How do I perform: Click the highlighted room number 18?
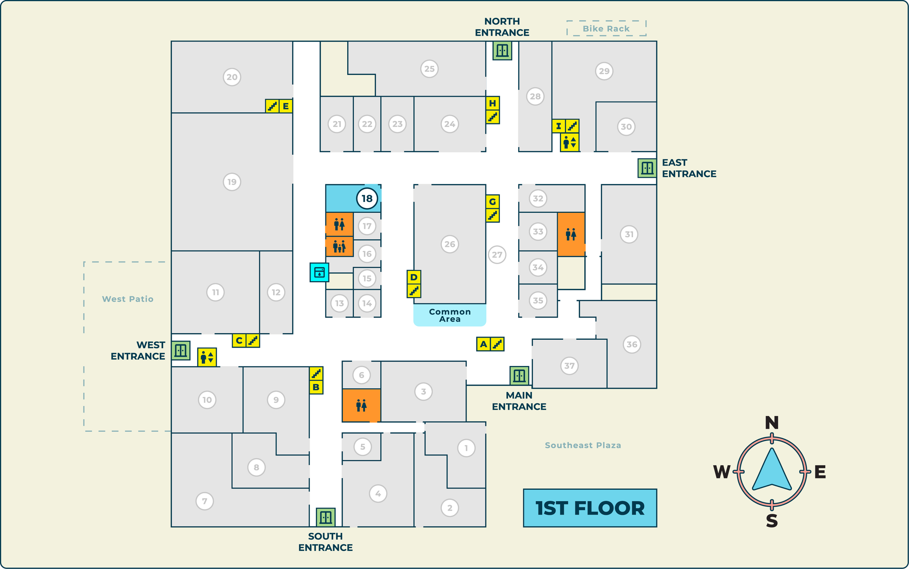(x=367, y=198)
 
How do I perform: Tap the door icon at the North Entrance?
(x=502, y=51)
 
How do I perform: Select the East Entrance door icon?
(x=647, y=168)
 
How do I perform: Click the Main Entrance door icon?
(x=519, y=375)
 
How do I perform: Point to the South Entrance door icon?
(x=325, y=517)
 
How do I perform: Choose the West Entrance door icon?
(x=180, y=351)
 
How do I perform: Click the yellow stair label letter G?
(x=492, y=202)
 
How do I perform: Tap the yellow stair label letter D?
(x=414, y=277)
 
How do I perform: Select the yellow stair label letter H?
(x=492, y=103)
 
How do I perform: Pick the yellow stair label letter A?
(x=483, y=344)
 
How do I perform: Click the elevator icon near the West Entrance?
(x=207, y=357)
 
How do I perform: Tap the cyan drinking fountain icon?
(x=319, y=272)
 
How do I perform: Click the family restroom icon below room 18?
(x=339, y=247)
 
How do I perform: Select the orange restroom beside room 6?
(x=361, y=405)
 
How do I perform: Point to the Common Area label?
(x=450, y=315)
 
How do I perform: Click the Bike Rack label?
(x=606, y=29)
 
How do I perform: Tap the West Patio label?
(x=128, y=299)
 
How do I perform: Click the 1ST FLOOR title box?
(x=590, y=508)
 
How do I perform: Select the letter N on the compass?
(x=772, y=423)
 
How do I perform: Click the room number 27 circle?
(x=497, y=255)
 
